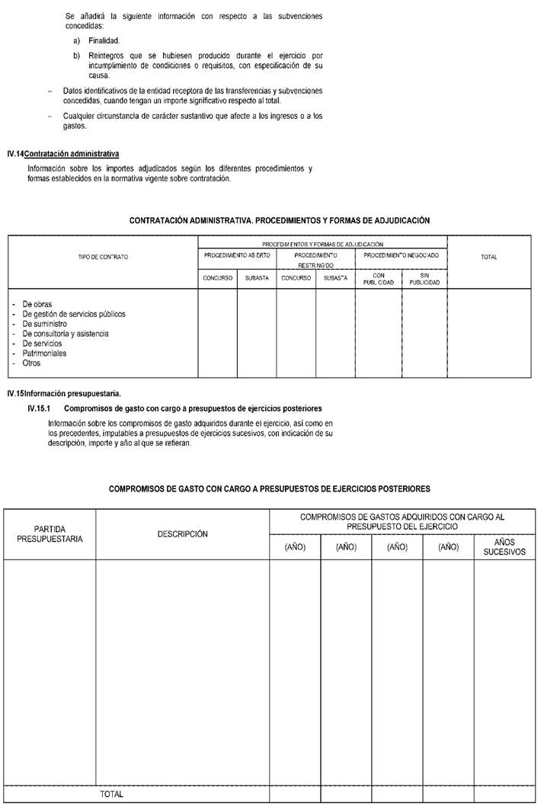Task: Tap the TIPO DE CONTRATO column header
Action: pyautogui.click(x=103, y=257)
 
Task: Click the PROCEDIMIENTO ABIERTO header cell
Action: pyautogui.click(x=237, y=254)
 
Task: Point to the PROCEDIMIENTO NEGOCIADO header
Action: pyautogui.click(x=402, y=254)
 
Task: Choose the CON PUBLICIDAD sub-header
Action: pyautogui.click(x=379, y=278)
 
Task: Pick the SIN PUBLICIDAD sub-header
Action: pyautogui.click(x=424, y=278)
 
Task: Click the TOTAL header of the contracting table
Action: pyautogui.click(x=489, y=257)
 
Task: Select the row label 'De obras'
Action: pyautogui.click(x=37, y=304)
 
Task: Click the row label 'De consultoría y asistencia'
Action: pyautogui.click(x=66, y=334)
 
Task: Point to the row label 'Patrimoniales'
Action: pyautogui.click(x=44, y=354)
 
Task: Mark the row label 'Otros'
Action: pyautogui.click(x=31, y=363)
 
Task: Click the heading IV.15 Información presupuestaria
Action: pyautogui.click(x=64, y=394)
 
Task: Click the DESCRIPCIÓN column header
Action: pyautogui.click(x=182, y=534)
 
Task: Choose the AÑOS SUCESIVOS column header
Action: pyautogui.click(x=504, y=547)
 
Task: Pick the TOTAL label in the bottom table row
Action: pyautogui.click(x=111, y=794)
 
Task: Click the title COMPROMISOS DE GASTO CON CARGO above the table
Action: pyautogui.click(x=270, y=488)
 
